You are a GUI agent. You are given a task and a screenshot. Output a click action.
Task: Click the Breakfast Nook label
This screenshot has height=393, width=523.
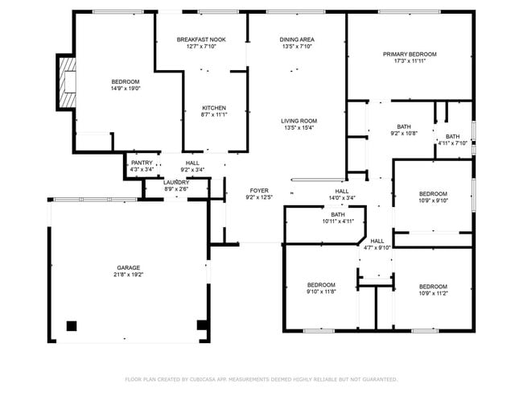click(201, 39)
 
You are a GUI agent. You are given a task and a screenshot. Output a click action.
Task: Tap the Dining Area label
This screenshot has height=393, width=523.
click(297, 39)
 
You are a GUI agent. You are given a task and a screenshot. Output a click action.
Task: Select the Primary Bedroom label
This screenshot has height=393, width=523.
click(410, 54)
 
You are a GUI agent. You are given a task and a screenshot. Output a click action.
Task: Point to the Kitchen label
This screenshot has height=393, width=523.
click(213, 108)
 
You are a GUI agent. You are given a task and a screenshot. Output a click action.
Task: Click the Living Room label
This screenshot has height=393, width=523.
click(299, 121)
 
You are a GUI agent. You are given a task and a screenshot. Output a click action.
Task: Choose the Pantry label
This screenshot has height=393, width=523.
click(142, 163)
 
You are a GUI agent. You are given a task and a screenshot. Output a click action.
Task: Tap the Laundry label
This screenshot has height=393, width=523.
click(176, 182)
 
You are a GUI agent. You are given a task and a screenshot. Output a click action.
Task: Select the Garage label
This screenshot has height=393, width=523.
click(128, 267)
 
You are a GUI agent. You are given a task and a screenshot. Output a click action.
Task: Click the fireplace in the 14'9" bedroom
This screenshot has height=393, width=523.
click(66, 83)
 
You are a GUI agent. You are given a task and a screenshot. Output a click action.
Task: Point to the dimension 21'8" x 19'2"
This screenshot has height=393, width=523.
click(128, 275)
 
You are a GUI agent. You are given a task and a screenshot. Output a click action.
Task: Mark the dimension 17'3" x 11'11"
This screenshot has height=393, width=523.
click(410, 61)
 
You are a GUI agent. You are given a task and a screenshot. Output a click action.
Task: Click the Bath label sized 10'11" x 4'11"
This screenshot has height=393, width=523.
click(338, 214)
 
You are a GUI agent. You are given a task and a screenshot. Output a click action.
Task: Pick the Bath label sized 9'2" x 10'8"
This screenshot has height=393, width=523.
click(404, 126)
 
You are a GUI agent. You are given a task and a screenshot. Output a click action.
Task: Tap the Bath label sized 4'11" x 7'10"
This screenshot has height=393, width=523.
click(453, 136)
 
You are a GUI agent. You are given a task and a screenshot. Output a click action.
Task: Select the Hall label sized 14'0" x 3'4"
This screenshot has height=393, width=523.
click(341, 191)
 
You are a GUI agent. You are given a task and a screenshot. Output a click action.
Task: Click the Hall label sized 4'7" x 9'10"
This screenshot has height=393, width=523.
click(377, 241)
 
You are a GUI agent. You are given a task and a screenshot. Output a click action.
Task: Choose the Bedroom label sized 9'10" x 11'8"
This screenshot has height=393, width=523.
click(321, 285)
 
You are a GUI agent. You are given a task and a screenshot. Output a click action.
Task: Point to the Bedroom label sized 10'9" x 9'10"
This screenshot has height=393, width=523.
click(433, 194)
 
